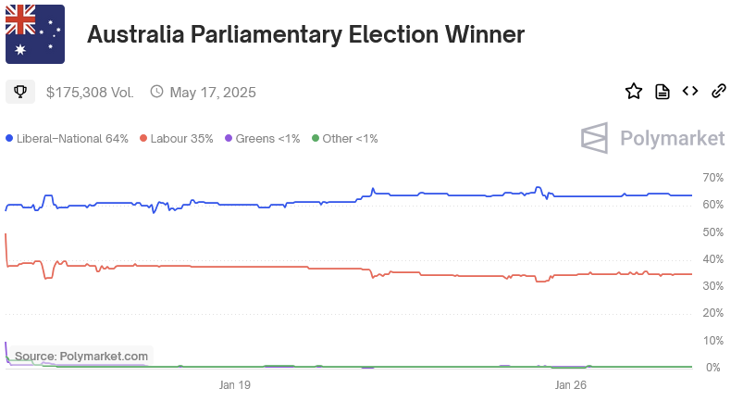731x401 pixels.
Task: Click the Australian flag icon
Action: tap(35, 34)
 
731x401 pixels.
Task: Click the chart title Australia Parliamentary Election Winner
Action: tap(305, 35)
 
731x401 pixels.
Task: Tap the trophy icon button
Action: tap(20, 92)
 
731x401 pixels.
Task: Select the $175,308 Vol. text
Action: tap(90, 92)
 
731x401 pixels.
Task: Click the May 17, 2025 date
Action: tap(213, 92)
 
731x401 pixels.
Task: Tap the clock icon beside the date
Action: tap(156, 92)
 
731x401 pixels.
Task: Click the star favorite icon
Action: tap(634, 91)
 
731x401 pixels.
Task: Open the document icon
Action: tap(663, 91)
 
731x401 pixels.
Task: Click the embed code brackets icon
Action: tap(690, 91)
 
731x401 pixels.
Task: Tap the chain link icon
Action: tap(718, 91)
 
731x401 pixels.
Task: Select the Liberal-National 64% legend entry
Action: tap(67, 139)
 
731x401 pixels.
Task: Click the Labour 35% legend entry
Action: tap(176, 139)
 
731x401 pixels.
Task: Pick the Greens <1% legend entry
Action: tap(262, 139)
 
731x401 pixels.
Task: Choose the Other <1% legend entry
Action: tap(344, 139)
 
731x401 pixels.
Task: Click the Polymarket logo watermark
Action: tap(652, 138)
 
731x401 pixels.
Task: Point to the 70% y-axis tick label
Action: tap(712, 177)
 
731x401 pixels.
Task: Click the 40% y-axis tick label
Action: tap(712, 258)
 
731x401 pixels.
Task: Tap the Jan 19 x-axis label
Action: tap(235, 384)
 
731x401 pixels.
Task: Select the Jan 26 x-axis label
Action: tap(570, 384)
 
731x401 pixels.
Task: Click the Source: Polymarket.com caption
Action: tap(81, 356)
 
